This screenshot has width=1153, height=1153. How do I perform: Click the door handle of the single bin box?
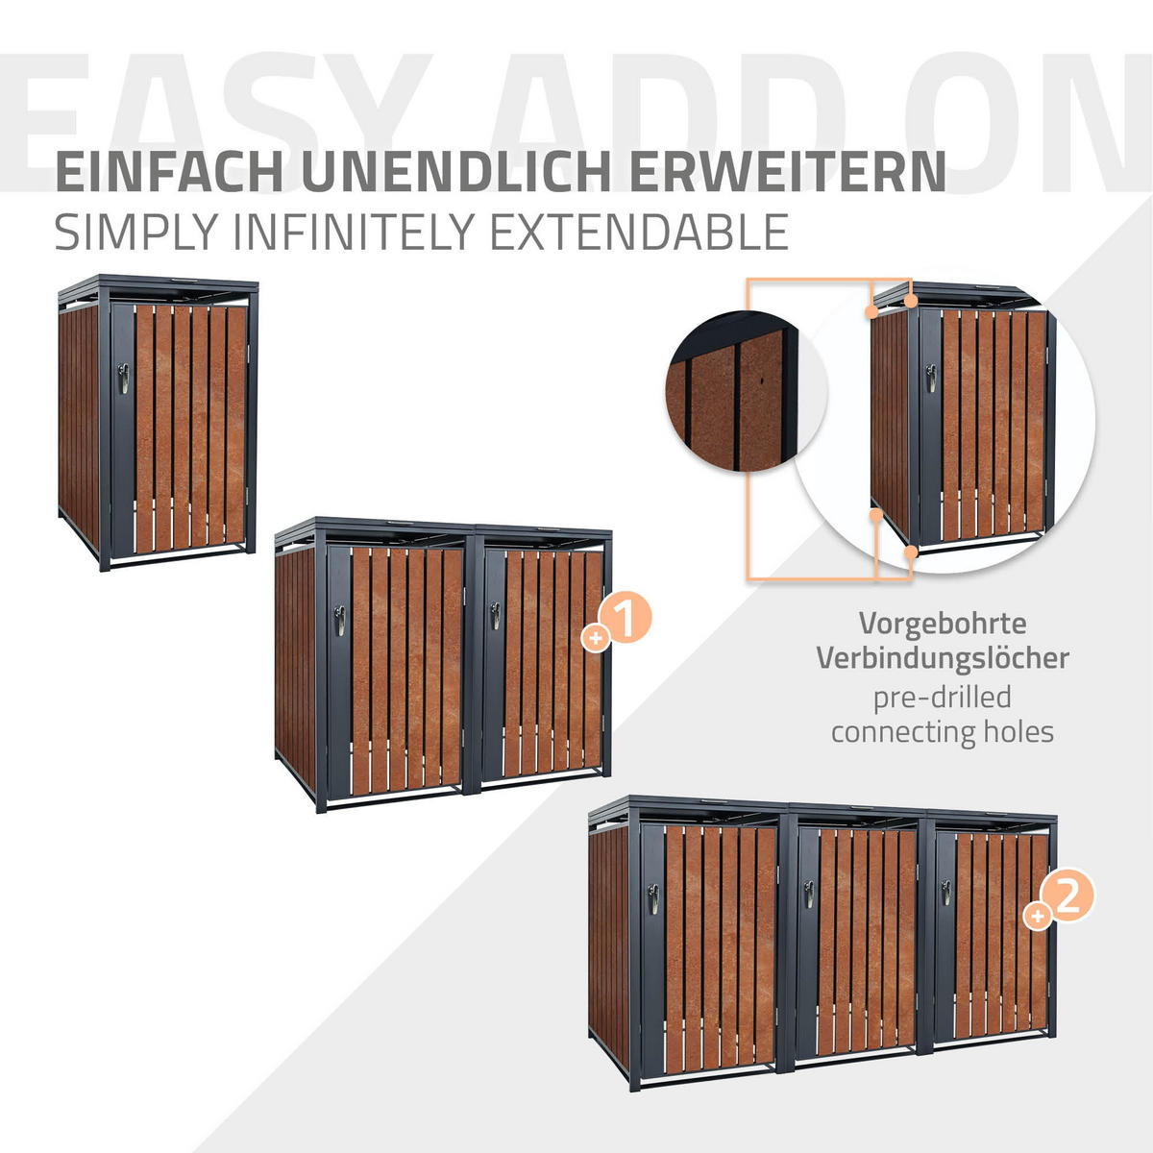(x=121, y=378)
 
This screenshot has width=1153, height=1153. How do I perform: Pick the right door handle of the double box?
(x=495, y=615)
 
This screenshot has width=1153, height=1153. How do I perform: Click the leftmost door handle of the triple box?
(x=652, y=898)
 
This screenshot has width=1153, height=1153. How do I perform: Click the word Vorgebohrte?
(x=942, y=624)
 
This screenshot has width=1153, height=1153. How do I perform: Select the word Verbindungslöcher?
(x=942, y=659)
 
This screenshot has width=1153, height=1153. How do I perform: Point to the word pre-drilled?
(x=942, y=697)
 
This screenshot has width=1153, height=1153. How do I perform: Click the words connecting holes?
(x=942, y=732)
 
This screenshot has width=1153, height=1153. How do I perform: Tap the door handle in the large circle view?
(x=931, y=378)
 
